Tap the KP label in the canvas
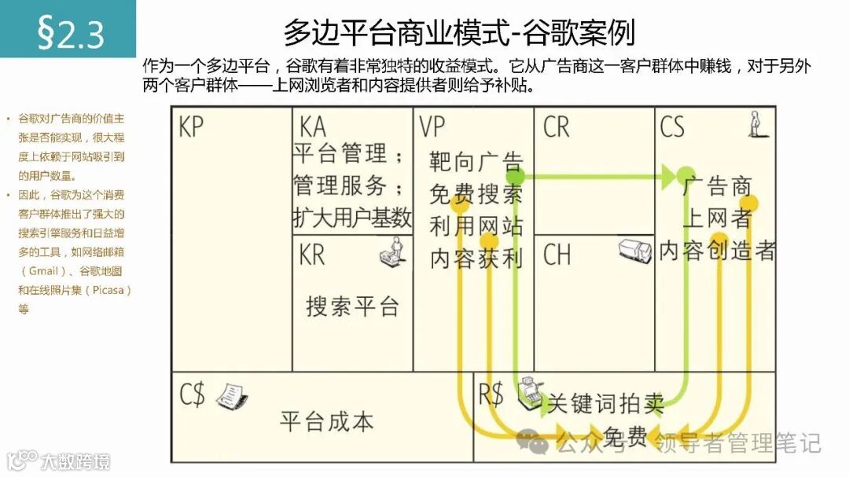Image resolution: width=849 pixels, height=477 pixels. tap(192, 127)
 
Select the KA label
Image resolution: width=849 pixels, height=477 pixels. tap(311, 127)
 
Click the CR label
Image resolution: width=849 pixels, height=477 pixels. tap(556, 127)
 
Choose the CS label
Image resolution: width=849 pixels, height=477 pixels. tap(672, 127)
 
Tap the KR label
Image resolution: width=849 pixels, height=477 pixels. tap(311, 254)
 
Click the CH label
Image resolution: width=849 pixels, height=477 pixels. tap(557, 254)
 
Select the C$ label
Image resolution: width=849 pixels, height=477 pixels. tap(193, 394)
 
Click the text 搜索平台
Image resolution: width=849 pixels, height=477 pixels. tap(352, 306)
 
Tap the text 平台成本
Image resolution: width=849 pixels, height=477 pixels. tap(327, 421)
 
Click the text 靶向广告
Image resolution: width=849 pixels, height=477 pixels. tap(476, 162)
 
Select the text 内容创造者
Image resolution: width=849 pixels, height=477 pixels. tap(717, 250)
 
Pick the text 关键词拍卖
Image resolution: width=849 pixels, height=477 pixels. tap(605, 404)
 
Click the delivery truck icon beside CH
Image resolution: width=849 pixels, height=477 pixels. tap(634, 251)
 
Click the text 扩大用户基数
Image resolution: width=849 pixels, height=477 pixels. tap(352, 218)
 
